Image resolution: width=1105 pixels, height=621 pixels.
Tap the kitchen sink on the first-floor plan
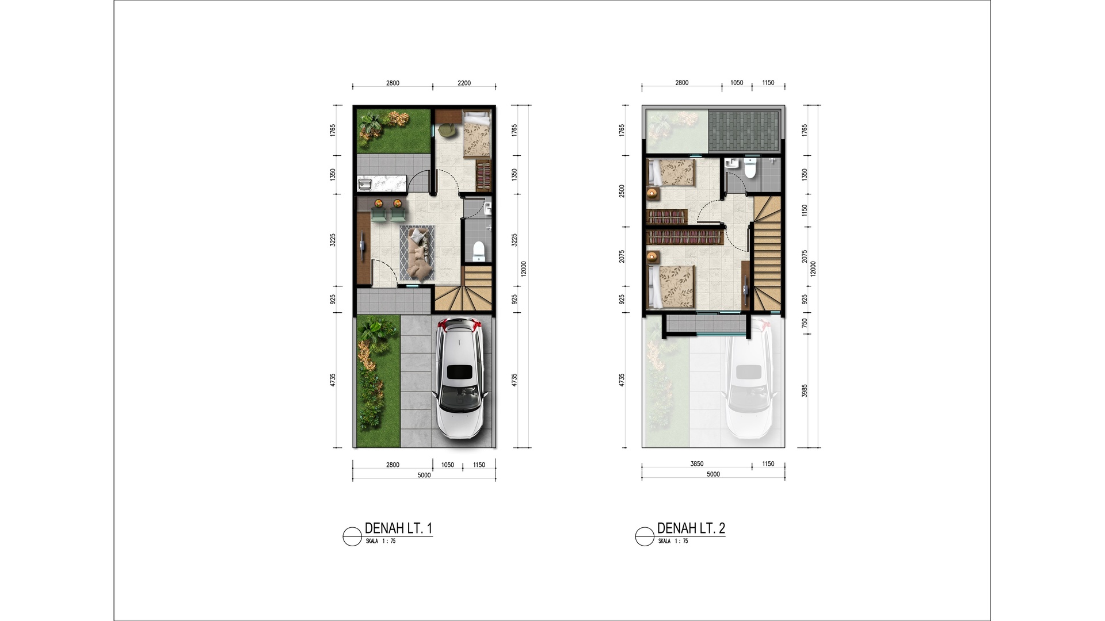tap(365, 184)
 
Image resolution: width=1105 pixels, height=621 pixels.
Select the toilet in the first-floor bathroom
tap(478, 251)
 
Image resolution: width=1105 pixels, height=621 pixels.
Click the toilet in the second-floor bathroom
tap(749, 168)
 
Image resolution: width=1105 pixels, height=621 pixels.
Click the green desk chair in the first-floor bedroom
tap(446, 131)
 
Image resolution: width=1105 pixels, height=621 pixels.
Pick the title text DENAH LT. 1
tap(398, 528)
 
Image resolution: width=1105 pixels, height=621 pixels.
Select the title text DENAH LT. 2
tap(691, 528)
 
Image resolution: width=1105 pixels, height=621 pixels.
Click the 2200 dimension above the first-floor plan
tap(464, 83)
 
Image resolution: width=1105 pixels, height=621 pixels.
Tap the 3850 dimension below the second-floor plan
tap(696, 463)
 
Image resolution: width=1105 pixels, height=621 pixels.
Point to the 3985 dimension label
tap(805, 390)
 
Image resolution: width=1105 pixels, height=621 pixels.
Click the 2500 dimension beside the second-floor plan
tap(622, 191)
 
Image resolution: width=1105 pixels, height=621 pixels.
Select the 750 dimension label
tap(805, 323)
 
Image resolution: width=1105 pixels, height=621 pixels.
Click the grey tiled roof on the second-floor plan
tap(743, 131)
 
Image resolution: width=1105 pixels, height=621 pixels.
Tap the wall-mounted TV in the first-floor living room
tap(363, 243)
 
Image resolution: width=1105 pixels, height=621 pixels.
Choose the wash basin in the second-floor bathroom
tap(731, 163)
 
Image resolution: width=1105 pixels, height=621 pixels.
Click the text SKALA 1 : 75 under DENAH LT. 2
tap(673, 541)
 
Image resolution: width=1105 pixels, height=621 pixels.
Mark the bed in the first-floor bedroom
tap(477, 135)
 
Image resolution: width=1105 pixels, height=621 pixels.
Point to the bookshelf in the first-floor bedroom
tap(484, 177)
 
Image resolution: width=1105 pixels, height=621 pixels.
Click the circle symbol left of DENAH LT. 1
tap(352, 536)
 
